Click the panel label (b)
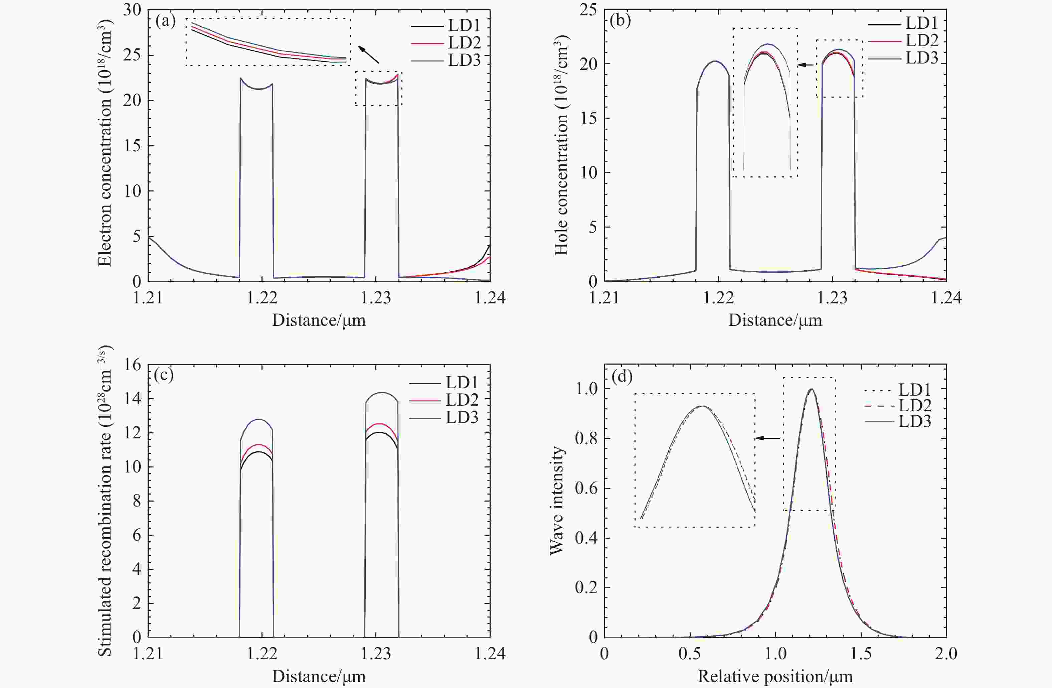click(620, 21)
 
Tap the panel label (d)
click(622, 376)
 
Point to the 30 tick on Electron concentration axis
click(132, 10)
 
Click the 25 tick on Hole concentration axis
click(588, 10)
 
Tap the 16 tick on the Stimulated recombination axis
click(132, 365)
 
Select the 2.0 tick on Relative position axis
click(946, 654)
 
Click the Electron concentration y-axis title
click(105, 146)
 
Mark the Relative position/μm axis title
click(775, 677)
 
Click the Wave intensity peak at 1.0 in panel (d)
click(811, 390)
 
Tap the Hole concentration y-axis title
click(561, 146)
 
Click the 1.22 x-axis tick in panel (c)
click(262, 654)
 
